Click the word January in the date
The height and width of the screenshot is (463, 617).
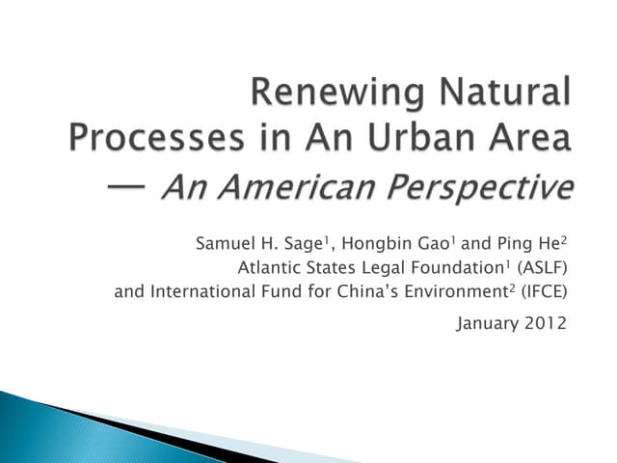[x=488, y=324]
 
